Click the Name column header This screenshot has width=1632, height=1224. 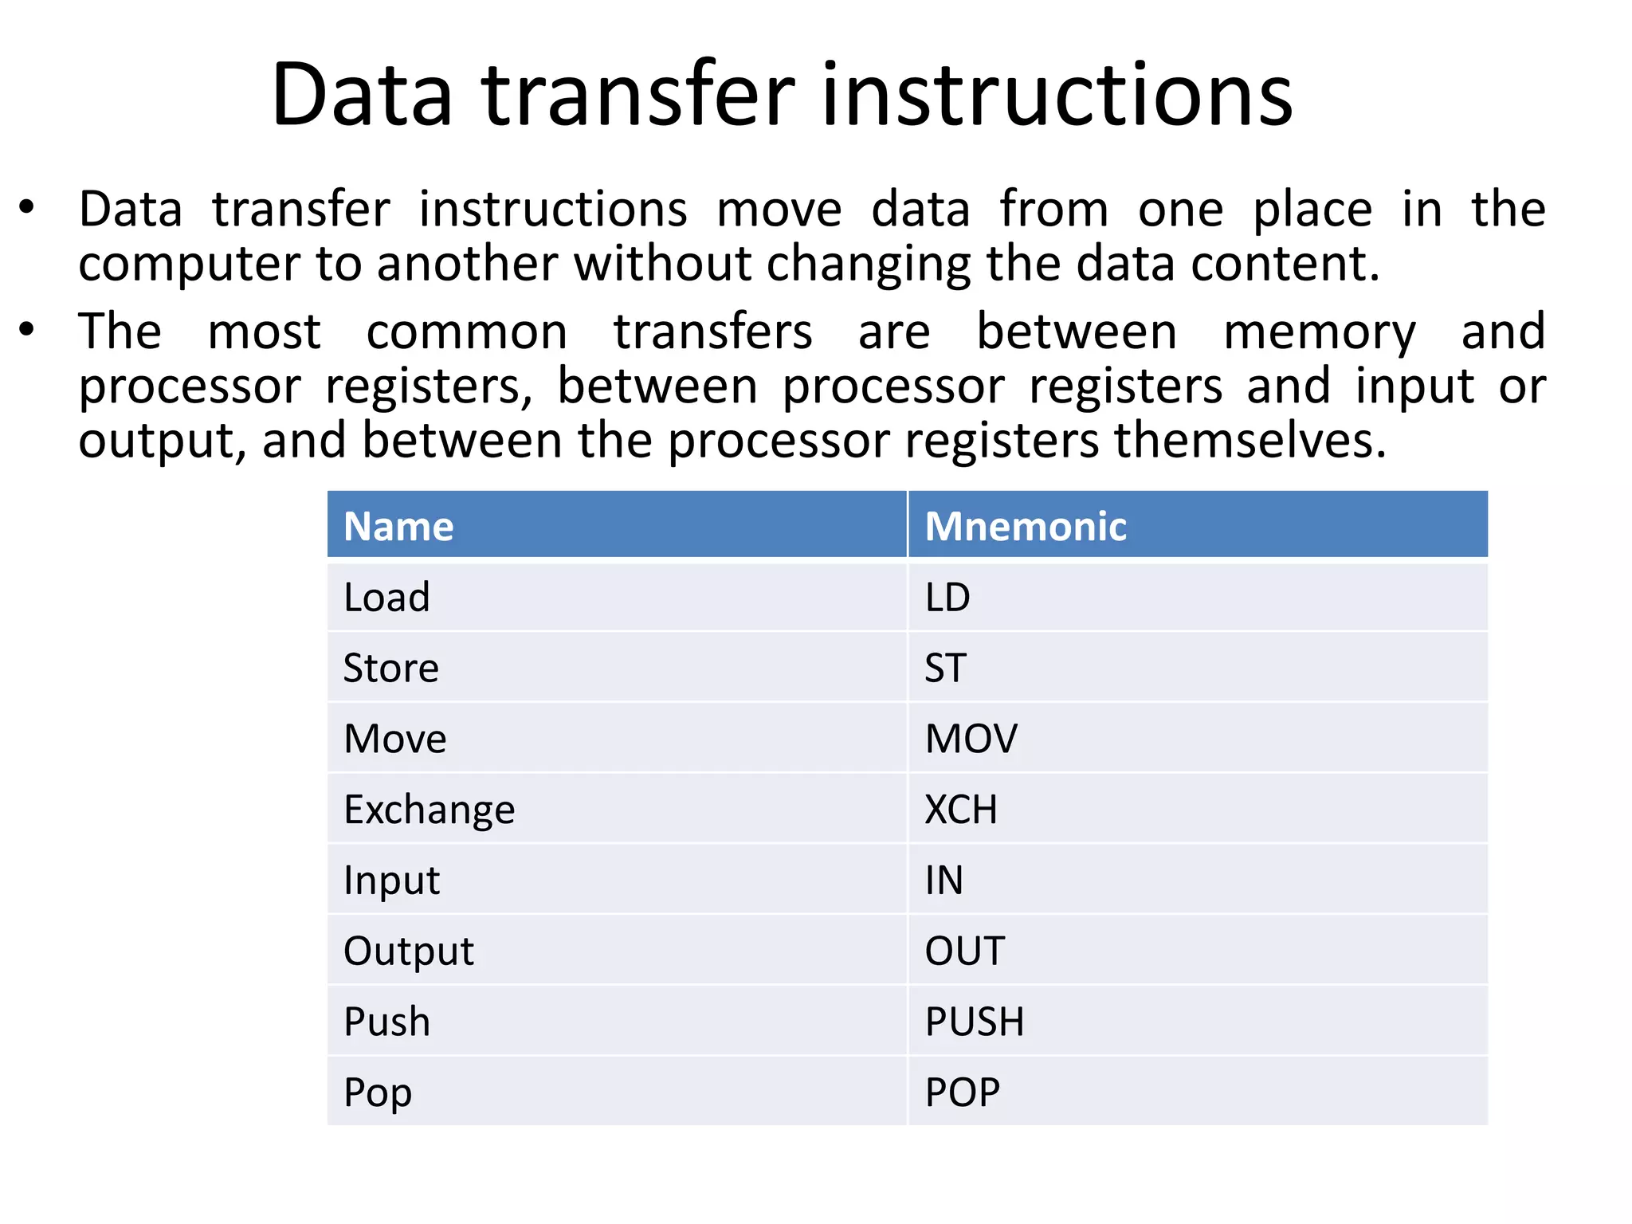coord(398,527)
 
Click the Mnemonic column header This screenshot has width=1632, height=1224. coord(1025,527)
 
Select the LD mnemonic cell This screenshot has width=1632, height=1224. coord(947,598)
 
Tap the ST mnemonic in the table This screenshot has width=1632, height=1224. coord(945,668)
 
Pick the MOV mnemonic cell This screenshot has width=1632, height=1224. coord(971,739)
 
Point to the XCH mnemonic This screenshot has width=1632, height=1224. coord(960,810)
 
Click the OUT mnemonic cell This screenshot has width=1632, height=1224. coord(964,951)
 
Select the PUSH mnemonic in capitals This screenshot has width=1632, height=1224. coord(974,1022)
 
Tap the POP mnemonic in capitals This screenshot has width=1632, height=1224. coord(962,1093)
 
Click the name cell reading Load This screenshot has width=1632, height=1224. coord(386,598)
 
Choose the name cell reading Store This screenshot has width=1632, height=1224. coord(390,668)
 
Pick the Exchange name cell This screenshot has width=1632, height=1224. coord(429,810)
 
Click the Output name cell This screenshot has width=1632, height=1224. coord(408,951)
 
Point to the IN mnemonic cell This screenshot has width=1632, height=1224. coord(943,881)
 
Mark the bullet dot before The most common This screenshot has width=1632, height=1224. coord(27,329)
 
